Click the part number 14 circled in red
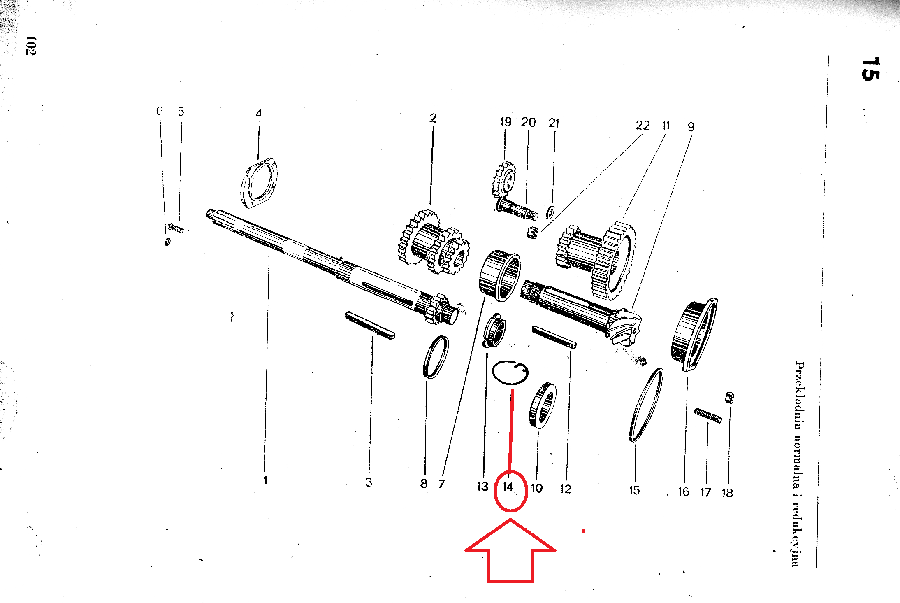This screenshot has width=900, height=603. (x=508, y=487)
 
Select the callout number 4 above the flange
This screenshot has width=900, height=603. (x=258, y=114)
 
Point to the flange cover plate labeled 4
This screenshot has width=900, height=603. (x=259, y=183)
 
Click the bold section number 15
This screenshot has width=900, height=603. (x=870, y=69)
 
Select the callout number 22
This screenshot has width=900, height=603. (x=643, y=125)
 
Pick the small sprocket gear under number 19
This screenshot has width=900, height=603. (x=504, y=179)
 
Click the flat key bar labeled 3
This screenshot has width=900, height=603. (x=370, y=325)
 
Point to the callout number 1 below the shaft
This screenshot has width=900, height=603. (x=266, y=480)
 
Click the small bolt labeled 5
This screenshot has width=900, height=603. (x=176, y=228)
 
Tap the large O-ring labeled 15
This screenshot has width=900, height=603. (x=646, y=405)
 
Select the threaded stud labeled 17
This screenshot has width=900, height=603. (x=708, y=415)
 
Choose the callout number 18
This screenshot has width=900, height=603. (x=727, y=493)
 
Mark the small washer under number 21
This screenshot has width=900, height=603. (x=550, y=212)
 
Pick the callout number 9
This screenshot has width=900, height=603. (x=691, y=127)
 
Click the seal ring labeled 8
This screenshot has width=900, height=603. (x=436, y=357)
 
